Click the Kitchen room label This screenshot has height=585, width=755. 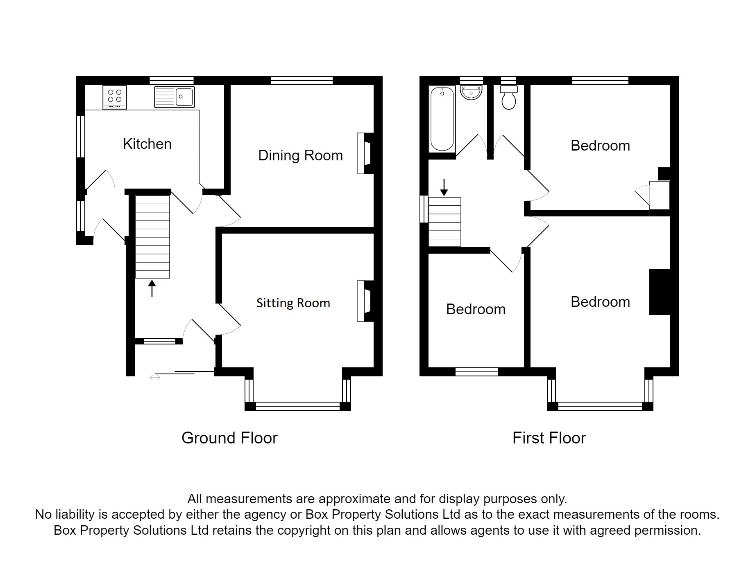pyautogui.click(x=147, y=144)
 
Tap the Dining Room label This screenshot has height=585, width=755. pyautogui.click(x=300, y=155)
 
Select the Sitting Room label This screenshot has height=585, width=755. pyautogui.click(x=293, y=303)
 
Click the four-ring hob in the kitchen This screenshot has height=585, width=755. pyautogui.click(x=115, y=97)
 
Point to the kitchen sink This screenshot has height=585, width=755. pyautogui.click(x=175, y=97)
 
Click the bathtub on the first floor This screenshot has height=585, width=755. pyautogui.click(x=442, y=119)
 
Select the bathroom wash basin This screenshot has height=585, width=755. pyautogui.click(x=472, y=92)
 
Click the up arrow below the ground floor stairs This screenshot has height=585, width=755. pyautogui.click(x=152, y=288)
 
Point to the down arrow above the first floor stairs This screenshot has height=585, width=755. pyautogui.click(x=444, y=187)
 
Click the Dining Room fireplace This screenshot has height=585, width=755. pyautogui.click(x=364, y=153)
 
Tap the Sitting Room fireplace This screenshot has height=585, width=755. pyautogui.click(x=364, y=301)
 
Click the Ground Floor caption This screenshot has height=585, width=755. pyautogui.click(x=229, y=438)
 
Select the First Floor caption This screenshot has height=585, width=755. pyautogui.click(x=549, y=438)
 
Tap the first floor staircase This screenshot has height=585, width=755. pyautogui.click(x=445, y=222)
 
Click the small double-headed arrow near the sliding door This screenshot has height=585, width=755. pyautogui.click(x=155, y=378)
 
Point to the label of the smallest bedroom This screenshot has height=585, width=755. pyautogui.click(x=476, y=309)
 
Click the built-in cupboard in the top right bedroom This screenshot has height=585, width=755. pyautogui.click(x=660, y=195)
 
